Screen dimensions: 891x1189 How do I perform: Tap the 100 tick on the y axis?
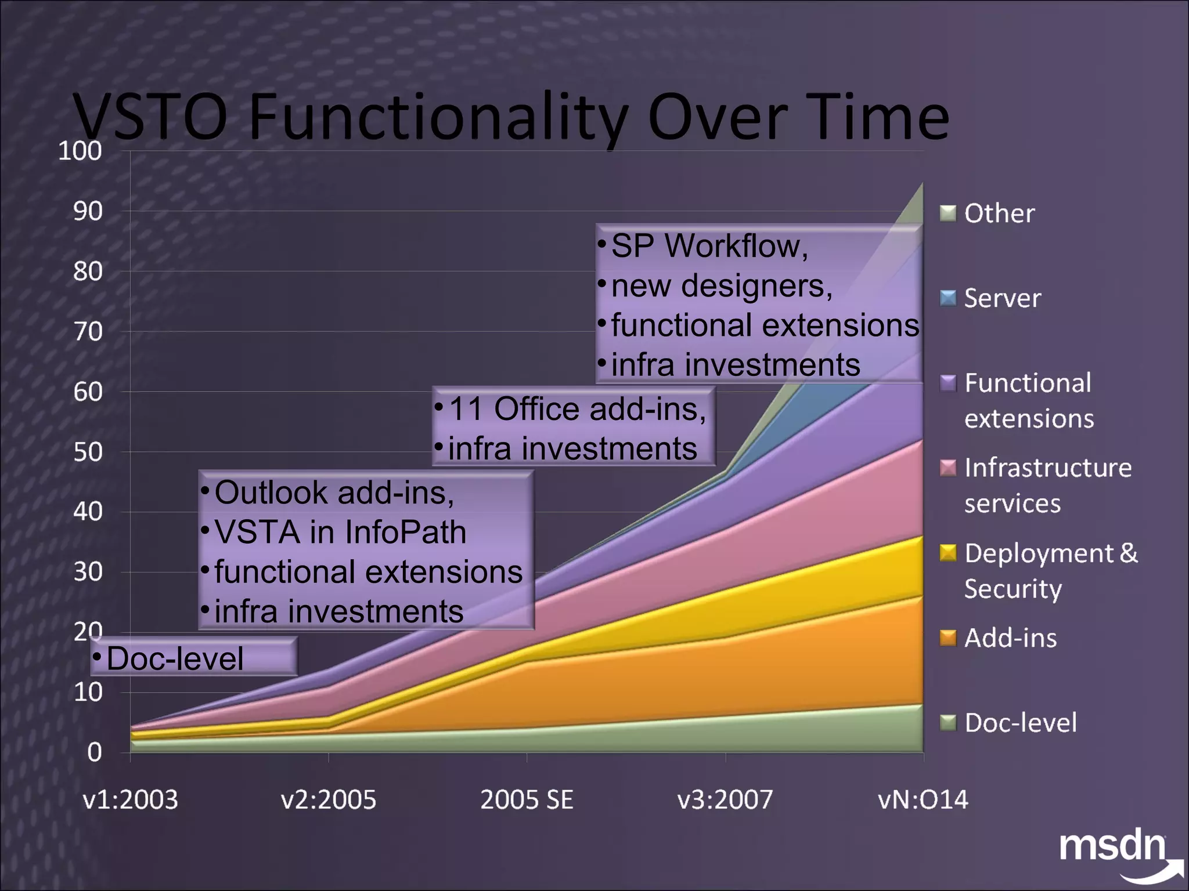coord(80,151)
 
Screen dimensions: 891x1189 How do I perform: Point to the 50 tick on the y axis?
coord(88,452)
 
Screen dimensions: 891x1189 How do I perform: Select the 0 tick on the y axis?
coord(94,752)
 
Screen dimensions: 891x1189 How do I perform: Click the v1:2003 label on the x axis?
coord(130,799)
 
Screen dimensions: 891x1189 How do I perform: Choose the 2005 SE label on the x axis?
coord(527,799)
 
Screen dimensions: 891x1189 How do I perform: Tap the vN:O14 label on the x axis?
coord(923,799)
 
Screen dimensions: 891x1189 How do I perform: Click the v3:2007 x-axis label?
coord(725,799)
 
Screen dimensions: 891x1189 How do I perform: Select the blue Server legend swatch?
coord(947,298)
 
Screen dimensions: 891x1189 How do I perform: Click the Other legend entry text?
coord(999,213)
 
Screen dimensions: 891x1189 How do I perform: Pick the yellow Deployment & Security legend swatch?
coord(947,553)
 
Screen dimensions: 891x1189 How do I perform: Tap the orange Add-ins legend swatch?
coord(947,638)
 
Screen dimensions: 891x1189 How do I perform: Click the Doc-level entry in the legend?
coord(1020,723)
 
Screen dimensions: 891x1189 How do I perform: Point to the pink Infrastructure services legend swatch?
coord(947,468)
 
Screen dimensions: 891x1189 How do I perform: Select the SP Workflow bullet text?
coord(709,246)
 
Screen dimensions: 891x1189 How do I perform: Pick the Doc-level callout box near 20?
coord(193,658)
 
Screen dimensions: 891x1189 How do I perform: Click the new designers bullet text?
coord(721,286)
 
